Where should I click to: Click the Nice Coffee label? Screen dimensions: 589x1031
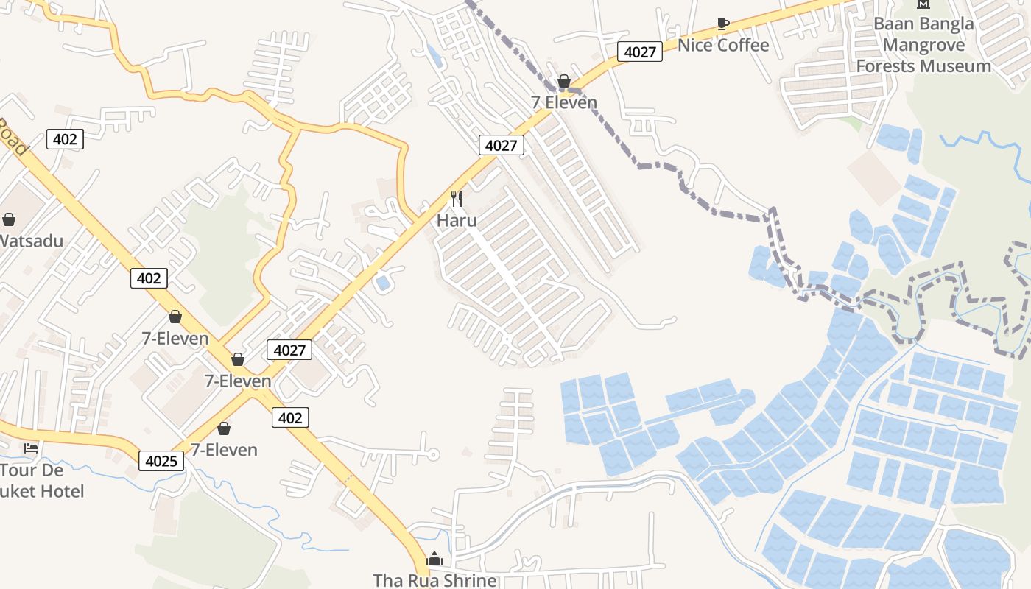click(x=722, y=45)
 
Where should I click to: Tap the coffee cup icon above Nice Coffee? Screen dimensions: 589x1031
click(x=723, y=24)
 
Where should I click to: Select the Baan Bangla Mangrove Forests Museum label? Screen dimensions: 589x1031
click(x=923, y=44)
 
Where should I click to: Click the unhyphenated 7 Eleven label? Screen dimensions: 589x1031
click(x=564, y=102)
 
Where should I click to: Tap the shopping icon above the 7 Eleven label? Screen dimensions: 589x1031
click(x=564, y=81)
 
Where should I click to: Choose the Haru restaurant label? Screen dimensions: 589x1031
click(x=457, y=220)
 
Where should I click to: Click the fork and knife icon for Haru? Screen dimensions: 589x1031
click(x=457, y=199)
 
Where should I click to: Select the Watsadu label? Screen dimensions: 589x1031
click(x=31, y=241)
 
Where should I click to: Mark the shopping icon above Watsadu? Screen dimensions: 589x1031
click(x=9, y=219)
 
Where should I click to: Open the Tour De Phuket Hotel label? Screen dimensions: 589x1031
click(x=42, y=480)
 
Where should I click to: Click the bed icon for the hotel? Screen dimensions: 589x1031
click(x=31, y=448)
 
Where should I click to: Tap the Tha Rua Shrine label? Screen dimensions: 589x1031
click(x=434, y=580)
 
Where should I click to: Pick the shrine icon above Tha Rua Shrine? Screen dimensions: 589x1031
click(x=434, y=559)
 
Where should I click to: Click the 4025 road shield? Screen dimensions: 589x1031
click(x=161, y=461)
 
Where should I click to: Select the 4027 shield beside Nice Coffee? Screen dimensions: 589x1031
click(x=639, y=52)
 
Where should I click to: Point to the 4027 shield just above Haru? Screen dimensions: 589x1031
click(x=502, y=145)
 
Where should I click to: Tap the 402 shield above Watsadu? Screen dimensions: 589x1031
click(x=65, y=138)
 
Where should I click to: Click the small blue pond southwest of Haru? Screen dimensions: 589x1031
click(x=382, y=282)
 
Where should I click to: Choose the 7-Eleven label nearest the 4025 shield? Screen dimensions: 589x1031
click(x=224, y=450)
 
